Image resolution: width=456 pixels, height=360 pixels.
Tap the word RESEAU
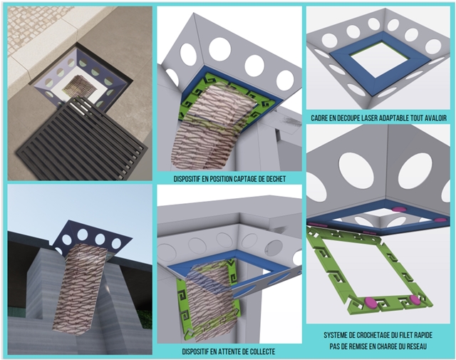pos(416,346)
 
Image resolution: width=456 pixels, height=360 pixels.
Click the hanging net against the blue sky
pos(81,288)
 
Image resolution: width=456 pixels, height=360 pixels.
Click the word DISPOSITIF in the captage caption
pos(187,179)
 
